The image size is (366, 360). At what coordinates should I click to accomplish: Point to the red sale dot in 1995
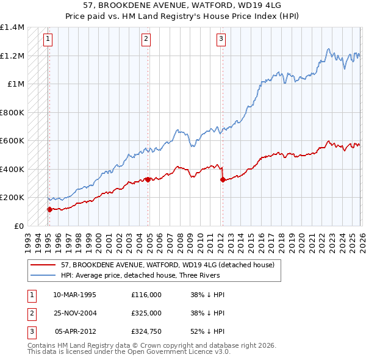(49, 209)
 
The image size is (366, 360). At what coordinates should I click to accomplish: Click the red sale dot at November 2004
(148, 180)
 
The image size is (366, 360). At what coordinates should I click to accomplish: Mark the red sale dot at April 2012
(223, 180)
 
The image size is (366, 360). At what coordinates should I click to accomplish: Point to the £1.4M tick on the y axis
(12, 27)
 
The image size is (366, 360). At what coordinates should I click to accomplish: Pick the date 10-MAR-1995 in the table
(74, 294)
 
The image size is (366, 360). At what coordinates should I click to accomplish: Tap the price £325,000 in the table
(146, 313)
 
